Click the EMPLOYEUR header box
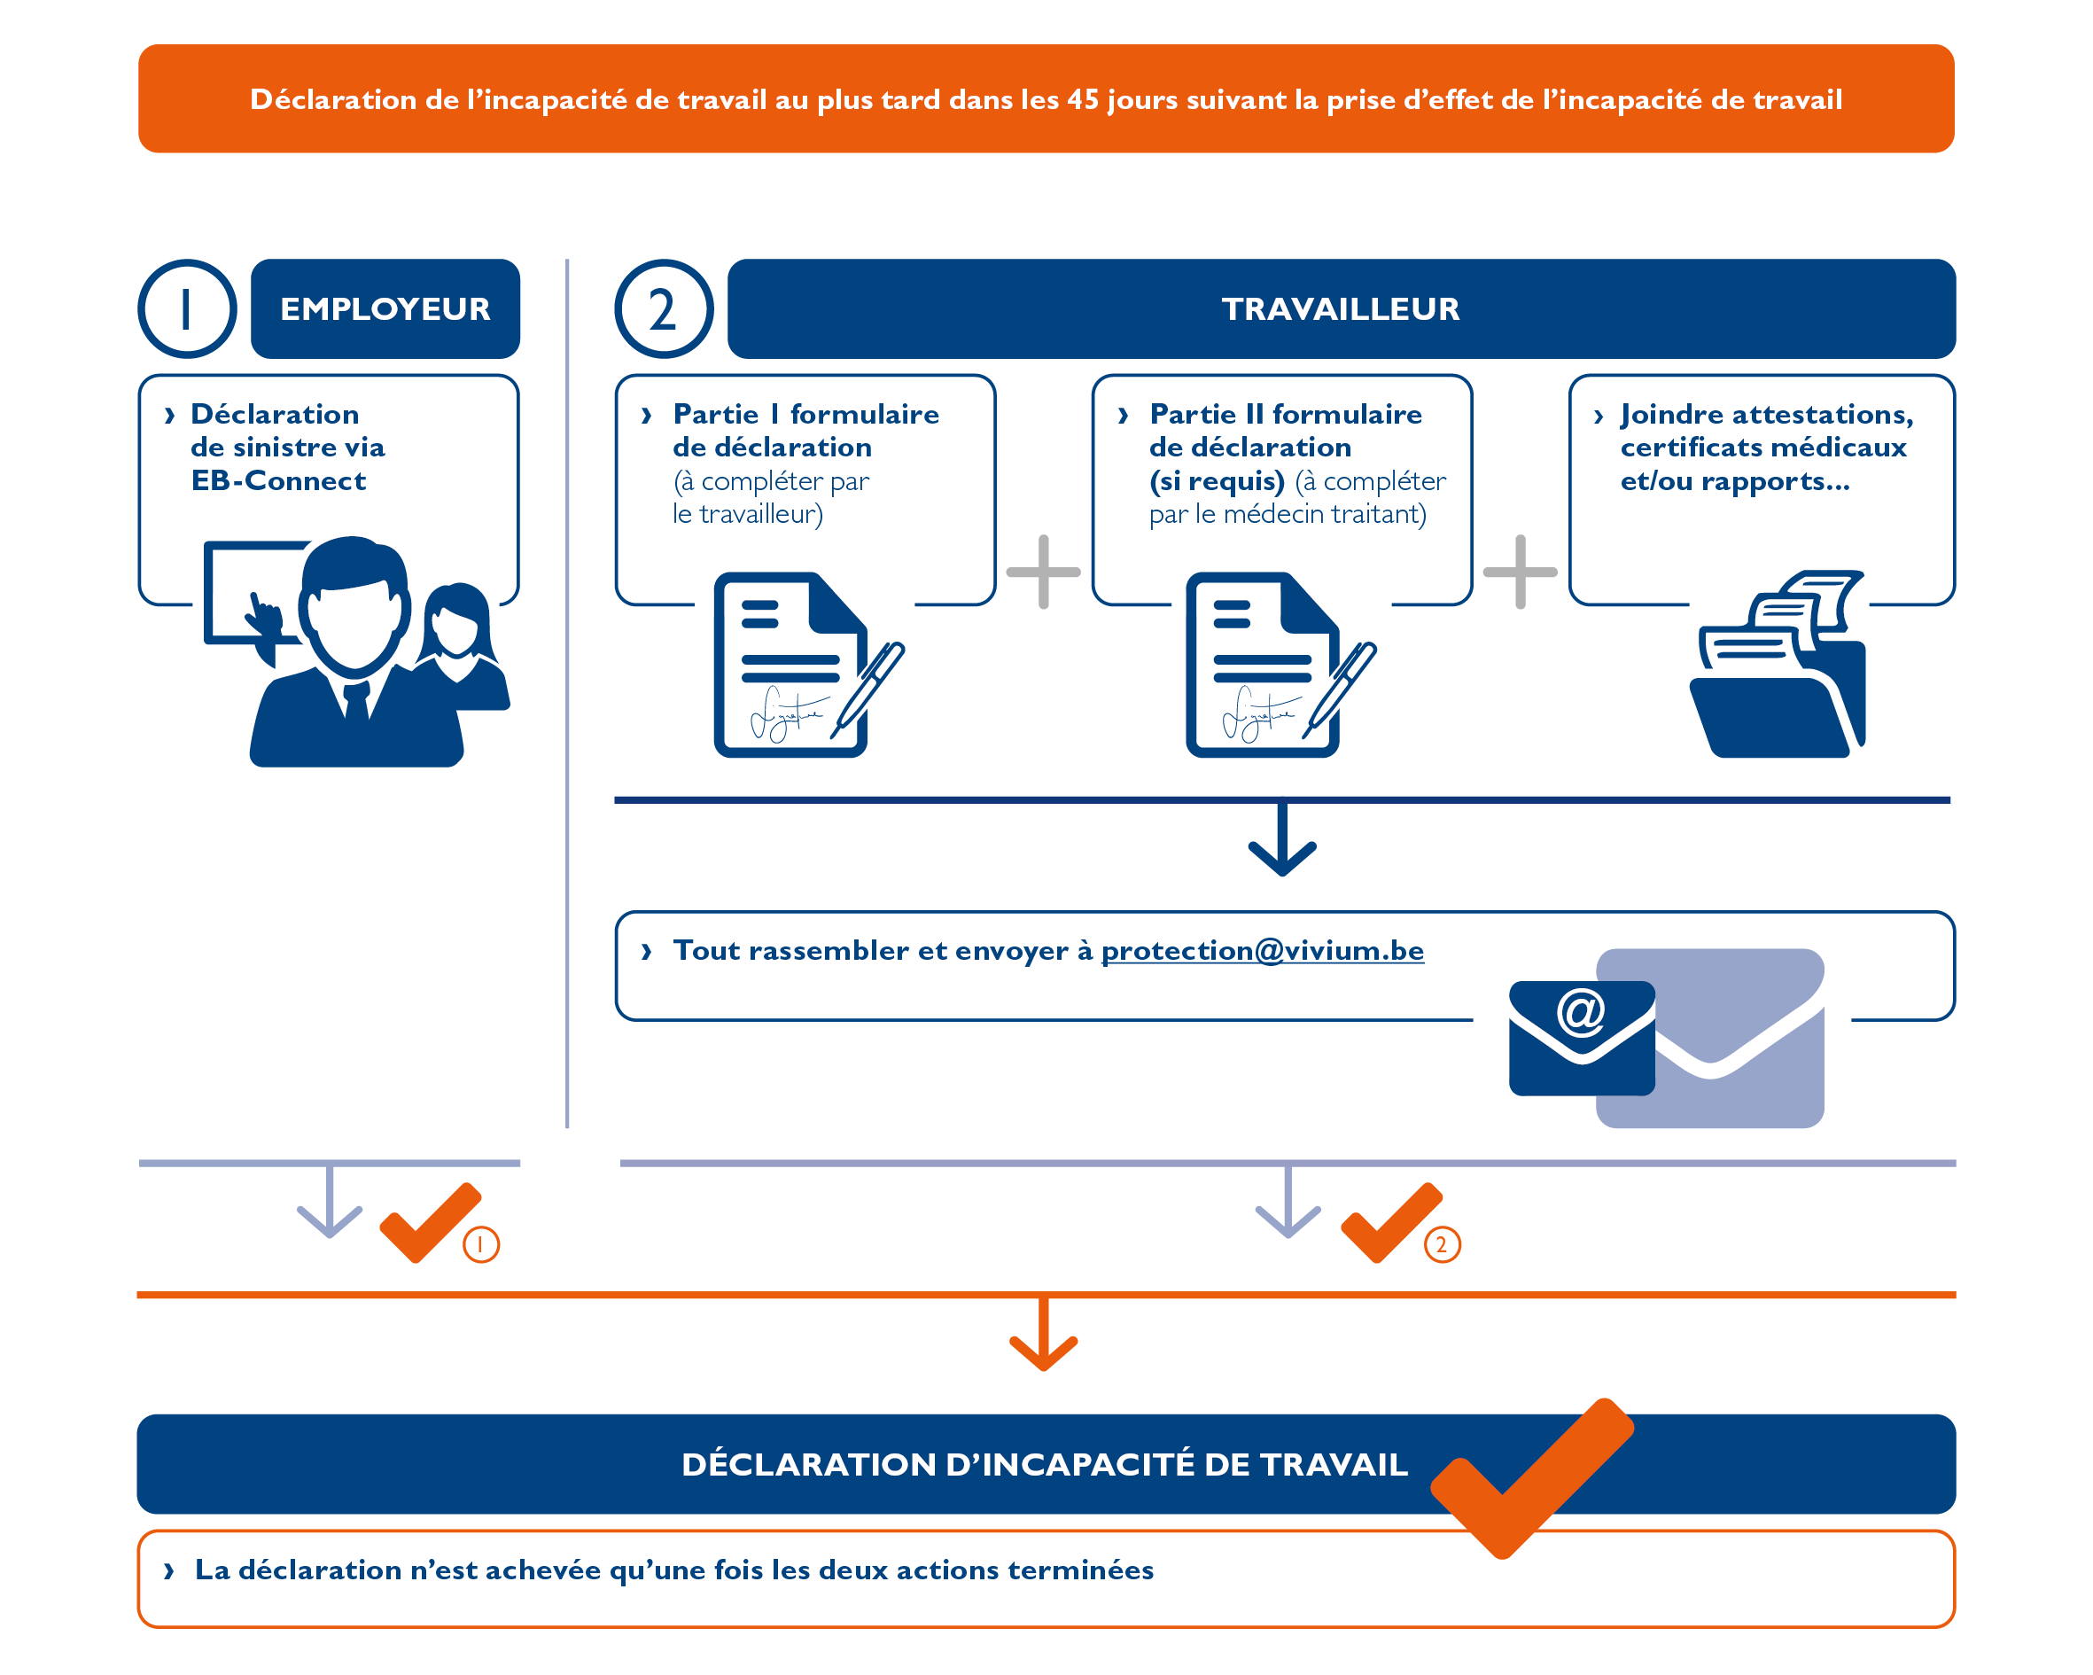click(385, 308)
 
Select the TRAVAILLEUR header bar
click(1340, 308)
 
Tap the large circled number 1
click(186, 308)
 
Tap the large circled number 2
click(663, 308)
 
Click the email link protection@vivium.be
click(1261, 950)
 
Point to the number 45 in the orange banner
click(1083, 99)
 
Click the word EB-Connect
click(278, 480)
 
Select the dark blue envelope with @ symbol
click(1581, 1037)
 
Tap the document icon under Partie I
click(791, 666)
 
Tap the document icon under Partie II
click(1263, 666)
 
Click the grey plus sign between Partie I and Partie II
click(1044, 571)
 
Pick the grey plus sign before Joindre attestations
click(1520, 571)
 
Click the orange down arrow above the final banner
click(1044, 1338)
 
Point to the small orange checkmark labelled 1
click(428, 1224)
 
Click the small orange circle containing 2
click(1442, 1244)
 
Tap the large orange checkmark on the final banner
click(1532, 1476)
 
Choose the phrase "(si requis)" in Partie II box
click(1217, 480)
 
